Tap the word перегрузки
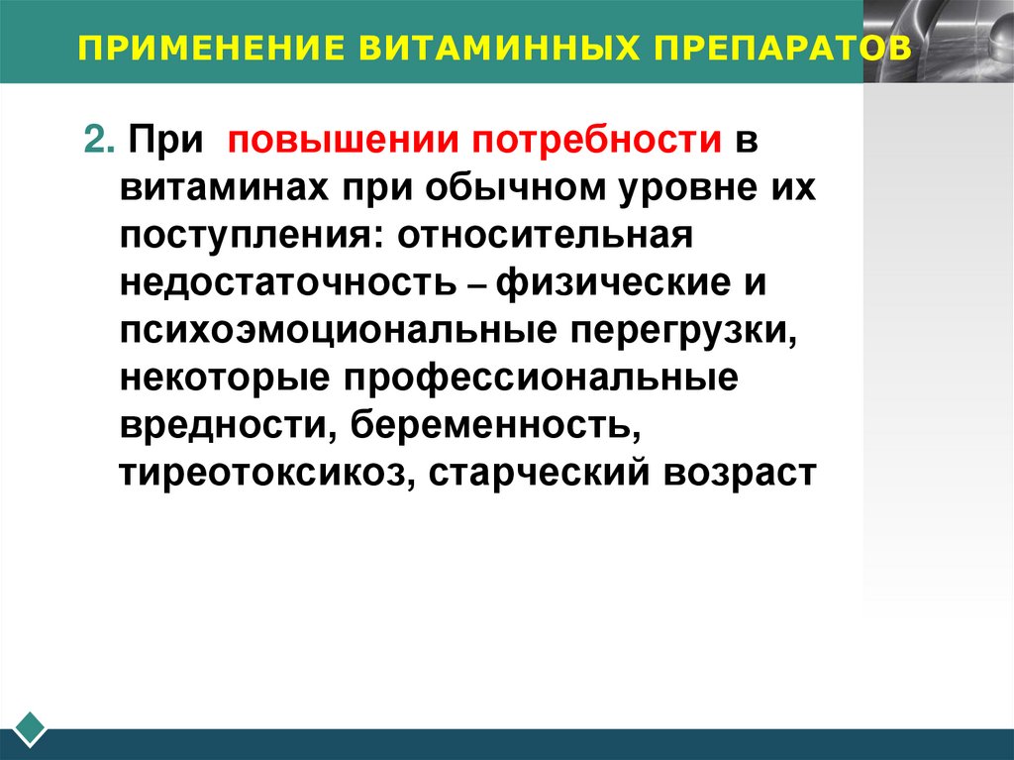click(x=684, y=331)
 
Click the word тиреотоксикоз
click(x=263, y=473)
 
